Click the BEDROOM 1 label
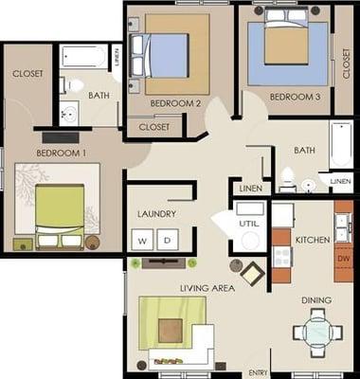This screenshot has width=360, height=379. click(61, 152)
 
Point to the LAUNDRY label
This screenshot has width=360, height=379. click(156, 214)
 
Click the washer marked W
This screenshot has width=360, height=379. click(142, 241)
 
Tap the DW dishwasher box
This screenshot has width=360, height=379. click(343, 257)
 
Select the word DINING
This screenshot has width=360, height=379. click(316, 300)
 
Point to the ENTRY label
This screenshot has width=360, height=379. click(258, 372)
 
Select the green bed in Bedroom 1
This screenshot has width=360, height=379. click(60, 210)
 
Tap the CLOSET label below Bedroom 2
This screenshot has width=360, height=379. click(154, 126)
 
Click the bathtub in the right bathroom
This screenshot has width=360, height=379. click(341, 144)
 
